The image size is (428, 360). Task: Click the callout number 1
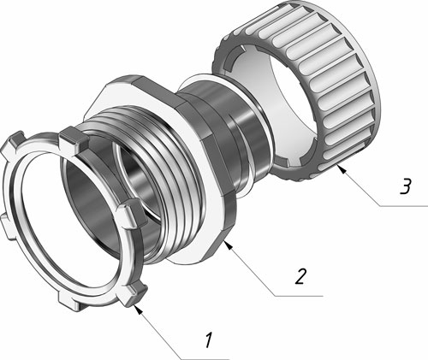[209, 340]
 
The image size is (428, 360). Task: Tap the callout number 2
[300, 276]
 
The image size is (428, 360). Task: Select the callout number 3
[406, 186]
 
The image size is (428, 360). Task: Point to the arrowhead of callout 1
[138, 310]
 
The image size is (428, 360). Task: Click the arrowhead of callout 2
[229, 245]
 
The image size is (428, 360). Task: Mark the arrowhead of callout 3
[342, 169]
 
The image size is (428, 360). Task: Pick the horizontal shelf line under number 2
[300, 297]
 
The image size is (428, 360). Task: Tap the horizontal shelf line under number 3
[404, 206]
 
